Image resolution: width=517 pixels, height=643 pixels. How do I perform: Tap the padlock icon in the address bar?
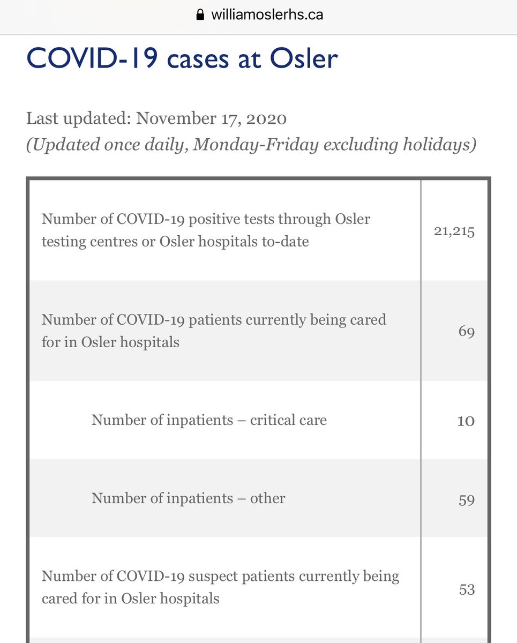201,14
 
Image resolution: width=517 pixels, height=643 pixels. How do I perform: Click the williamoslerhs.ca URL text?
267,14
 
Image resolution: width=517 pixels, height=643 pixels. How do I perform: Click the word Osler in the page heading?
303,58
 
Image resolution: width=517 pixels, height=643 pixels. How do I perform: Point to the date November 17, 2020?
211,118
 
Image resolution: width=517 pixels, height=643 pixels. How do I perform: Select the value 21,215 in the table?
454,231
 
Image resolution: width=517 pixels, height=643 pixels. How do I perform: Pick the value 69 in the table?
466,332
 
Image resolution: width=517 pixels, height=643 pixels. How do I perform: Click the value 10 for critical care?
466,421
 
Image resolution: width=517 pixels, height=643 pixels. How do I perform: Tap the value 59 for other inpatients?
466,499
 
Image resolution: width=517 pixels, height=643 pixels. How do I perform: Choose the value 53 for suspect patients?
467,589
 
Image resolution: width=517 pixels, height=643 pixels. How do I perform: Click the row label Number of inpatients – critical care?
209,420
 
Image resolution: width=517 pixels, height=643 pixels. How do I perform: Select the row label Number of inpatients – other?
188,498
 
